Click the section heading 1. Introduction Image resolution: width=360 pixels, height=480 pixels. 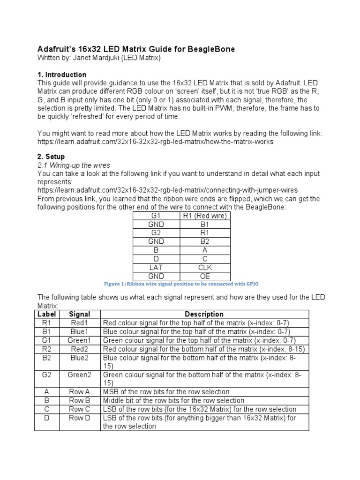click(62, 75)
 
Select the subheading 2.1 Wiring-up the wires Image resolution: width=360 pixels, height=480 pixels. click(74, 165)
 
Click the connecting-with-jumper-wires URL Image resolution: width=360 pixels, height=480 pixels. click(167, 190)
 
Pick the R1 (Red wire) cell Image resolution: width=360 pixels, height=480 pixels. click(205, 216)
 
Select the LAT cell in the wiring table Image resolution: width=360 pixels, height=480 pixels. click(157, 268)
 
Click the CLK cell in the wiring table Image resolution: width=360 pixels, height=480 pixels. click(205, 268)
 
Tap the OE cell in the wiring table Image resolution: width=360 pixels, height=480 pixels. click(205, 276)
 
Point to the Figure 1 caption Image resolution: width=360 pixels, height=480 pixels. click(180, 284)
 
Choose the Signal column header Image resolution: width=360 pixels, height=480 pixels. click(79, 314)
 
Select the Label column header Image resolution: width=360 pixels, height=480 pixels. click(47, 314)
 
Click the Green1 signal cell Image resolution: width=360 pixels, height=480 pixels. click(79, 340)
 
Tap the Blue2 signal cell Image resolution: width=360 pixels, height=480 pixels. click(79, 358)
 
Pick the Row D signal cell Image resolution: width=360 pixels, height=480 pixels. click(79, 418)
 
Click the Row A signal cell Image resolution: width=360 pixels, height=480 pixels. click(79, 392)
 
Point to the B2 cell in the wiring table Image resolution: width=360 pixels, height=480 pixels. click(205, 241)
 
